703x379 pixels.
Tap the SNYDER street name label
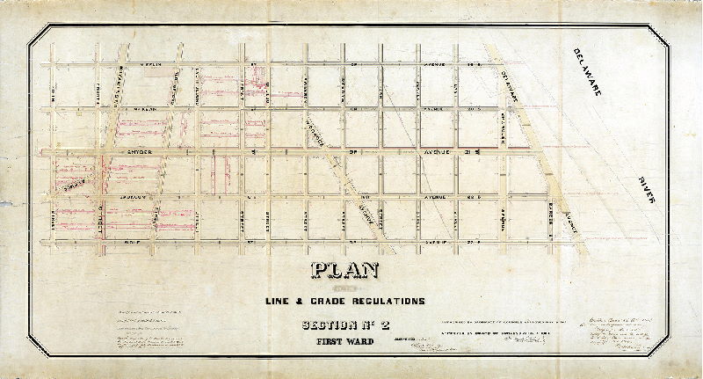point(141,152)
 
